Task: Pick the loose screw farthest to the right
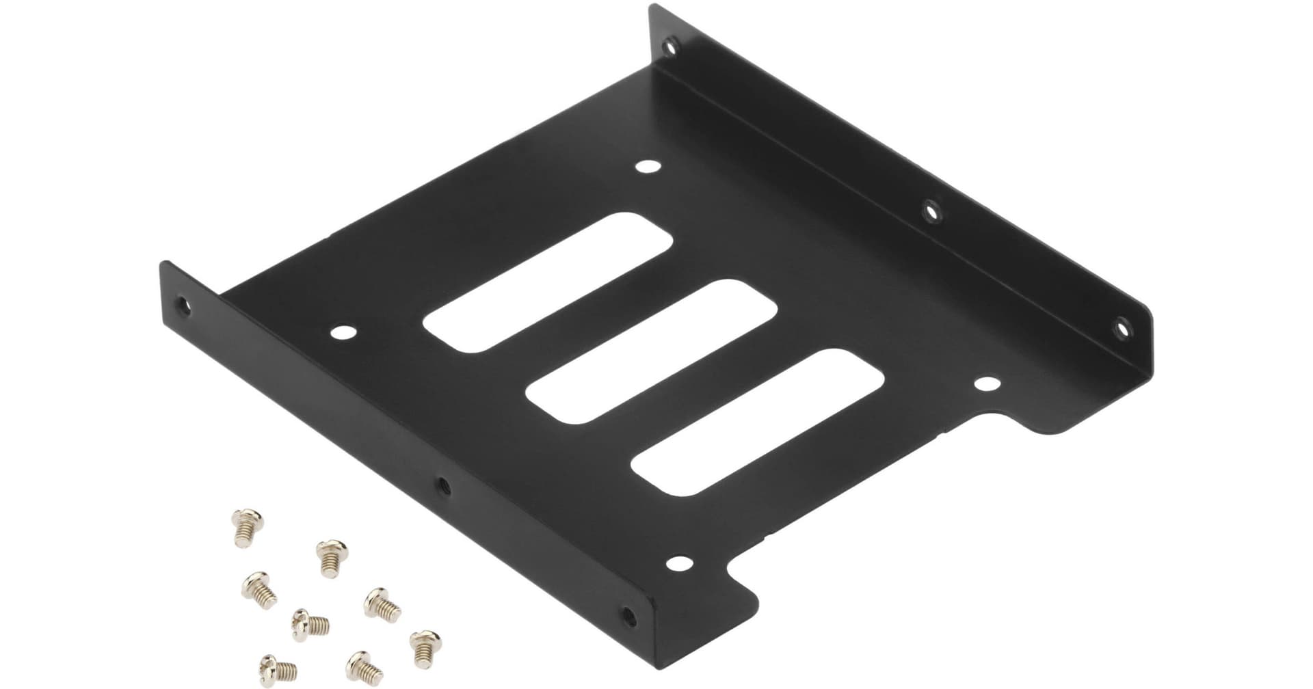[x=423, y=643]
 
